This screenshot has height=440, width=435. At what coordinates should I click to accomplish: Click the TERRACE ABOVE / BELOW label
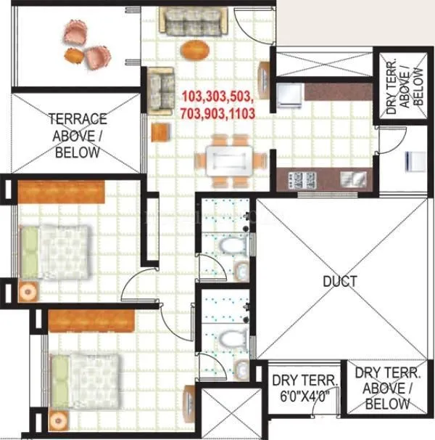(78, 135)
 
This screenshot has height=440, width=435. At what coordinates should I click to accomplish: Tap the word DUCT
(339, 281)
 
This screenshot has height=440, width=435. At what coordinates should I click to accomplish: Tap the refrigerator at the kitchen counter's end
(289, 94)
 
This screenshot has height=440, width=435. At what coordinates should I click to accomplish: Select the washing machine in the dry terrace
(413, 161)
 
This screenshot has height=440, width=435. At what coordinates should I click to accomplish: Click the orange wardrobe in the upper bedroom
(61, 191)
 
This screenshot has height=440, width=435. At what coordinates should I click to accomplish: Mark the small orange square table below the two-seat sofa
(159, 132)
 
